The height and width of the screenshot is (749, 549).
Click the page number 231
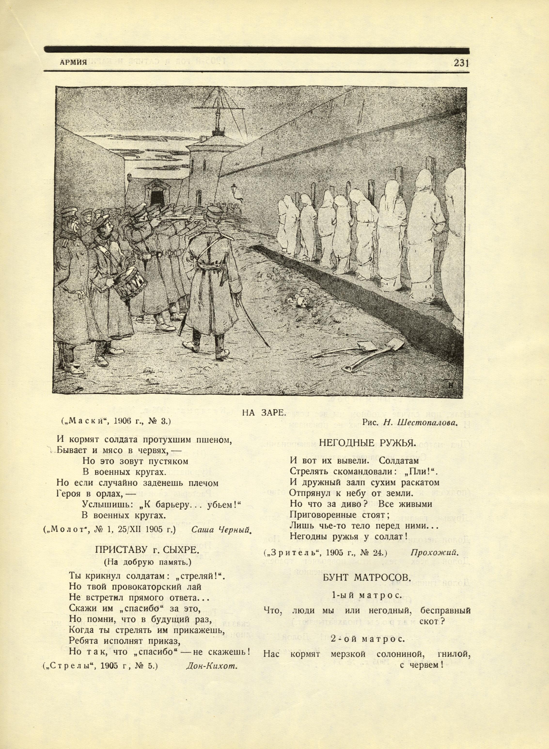pos(461,63)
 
